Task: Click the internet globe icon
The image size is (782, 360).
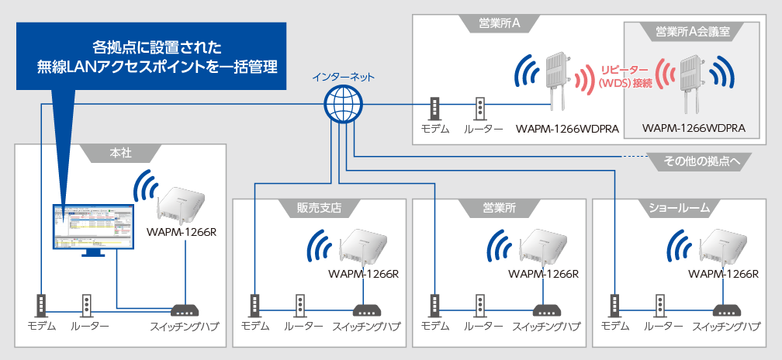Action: tap(342, 102)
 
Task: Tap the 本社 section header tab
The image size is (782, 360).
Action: tap(119, 153)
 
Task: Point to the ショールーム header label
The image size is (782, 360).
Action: tap(679, 208)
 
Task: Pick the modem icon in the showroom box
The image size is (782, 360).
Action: tap(615, 304)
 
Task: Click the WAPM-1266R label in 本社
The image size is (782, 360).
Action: tap(181, 230)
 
